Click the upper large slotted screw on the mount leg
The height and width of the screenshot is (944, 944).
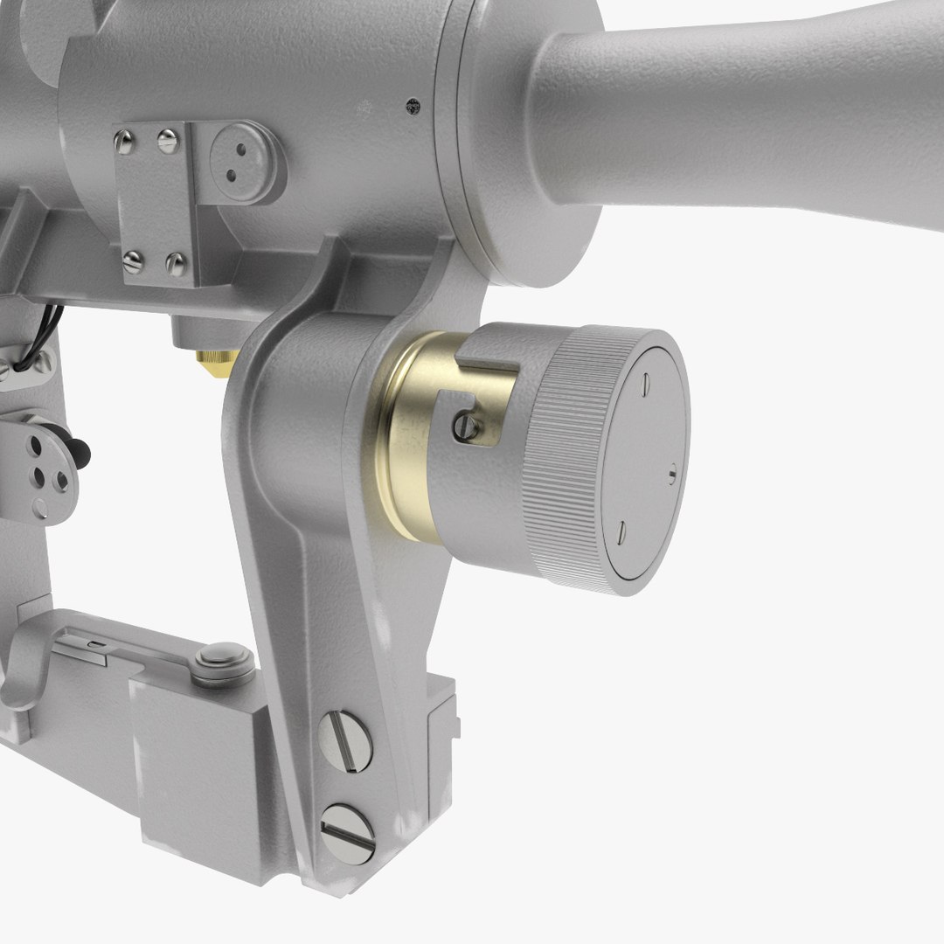(x=345, y=741)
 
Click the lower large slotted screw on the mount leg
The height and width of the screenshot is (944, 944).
(x=347, y=834)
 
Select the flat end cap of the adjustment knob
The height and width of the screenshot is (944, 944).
(x=644, y=463)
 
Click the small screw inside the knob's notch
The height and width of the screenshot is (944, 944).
(x=469, y=427)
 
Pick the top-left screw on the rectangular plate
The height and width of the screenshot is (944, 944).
(x=125, y=141)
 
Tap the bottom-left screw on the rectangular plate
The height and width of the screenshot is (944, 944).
(x=133, y=261)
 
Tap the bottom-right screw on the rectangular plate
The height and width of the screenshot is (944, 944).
(x=176, y=262)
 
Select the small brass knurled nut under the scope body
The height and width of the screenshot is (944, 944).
(x=217, y=359)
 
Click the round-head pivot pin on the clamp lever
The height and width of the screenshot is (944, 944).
(x=223, y=662)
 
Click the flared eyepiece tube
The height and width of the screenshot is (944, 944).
(x=743, y=114)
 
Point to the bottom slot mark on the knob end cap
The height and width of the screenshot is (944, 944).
(x=621, y=531)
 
